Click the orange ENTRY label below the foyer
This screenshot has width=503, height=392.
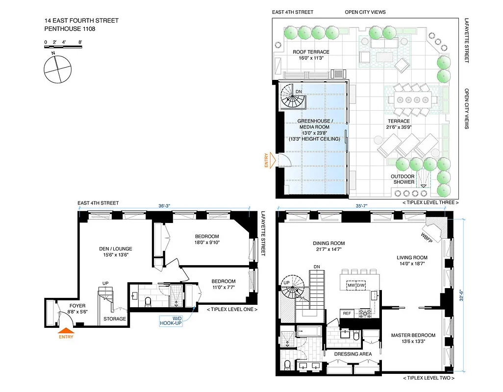pyautogui.click(x=66, y=337)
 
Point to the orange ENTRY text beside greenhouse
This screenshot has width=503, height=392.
pyautogui.click(x=267, y=161)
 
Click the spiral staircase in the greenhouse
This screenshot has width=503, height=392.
pyautogui.click(x=292, y=98)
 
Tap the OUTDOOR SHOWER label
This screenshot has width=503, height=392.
pyautogui.click(x=402, y=179)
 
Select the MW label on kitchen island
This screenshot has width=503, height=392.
pyautogui.click(x=352, y=285)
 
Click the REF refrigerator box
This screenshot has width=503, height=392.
pyautogui.click(x=347, y=313)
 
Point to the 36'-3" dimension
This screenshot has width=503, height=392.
pyautogui.click(x=165, y=206)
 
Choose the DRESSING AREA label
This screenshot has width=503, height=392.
pyautogui.click(x=352, y=354)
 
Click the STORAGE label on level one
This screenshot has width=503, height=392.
pyautogui.click(x=115, y=319)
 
